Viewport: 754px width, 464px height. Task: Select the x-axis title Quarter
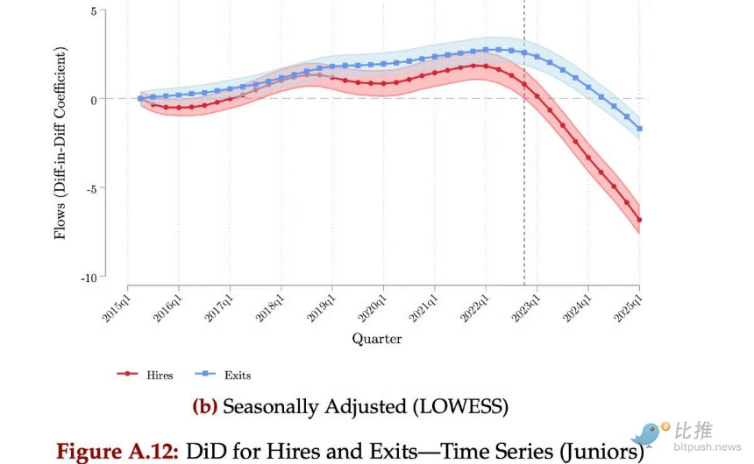click(x=377, y=338)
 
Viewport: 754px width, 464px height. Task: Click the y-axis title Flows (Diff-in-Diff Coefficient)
click(x=60, y=143)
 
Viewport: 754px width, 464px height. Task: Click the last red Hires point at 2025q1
click(x=639, y=219)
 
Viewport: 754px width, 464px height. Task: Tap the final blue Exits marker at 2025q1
click(x=639, y=129)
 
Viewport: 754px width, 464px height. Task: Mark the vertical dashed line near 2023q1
click(x=524, y=175)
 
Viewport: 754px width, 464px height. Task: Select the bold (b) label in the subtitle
click(x=205, y=406)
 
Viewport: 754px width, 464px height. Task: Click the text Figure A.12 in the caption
click(x=117, y=452)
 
